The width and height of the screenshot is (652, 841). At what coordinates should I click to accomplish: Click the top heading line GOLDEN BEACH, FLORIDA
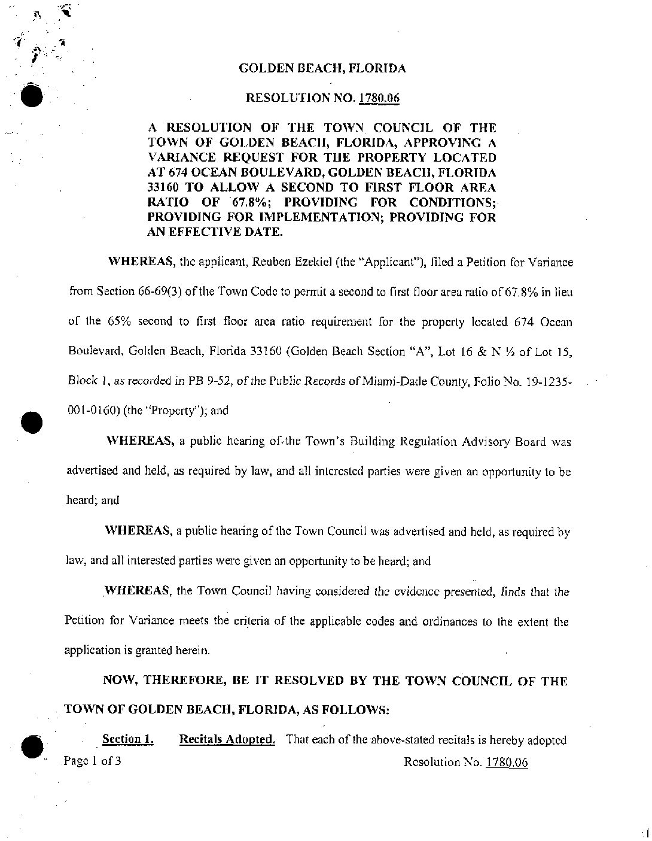coord(322,68)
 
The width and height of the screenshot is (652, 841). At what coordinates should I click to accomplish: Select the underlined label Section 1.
coord(127,739)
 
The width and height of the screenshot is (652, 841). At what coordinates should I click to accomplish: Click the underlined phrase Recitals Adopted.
coord(227,739)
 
